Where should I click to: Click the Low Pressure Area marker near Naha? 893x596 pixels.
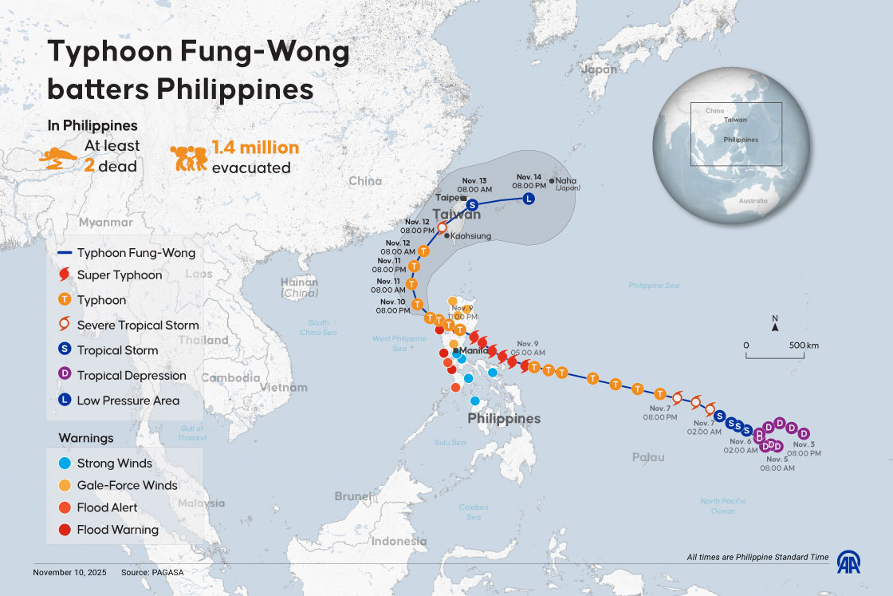pos(528,199)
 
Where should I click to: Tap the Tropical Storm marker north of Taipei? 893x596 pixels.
pos(472,204)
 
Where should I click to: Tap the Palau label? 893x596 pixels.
pos(647,457)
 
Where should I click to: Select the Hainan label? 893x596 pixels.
pos(299,282)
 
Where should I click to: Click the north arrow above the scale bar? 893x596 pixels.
pos(775,325)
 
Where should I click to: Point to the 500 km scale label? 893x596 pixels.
pos(803,345)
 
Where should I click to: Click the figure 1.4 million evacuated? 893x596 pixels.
pos(255,148)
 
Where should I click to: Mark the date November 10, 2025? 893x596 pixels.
pos(69,573)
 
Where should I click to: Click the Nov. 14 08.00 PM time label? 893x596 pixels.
pos(529,180)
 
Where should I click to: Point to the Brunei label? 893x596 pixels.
pos(352,496)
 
